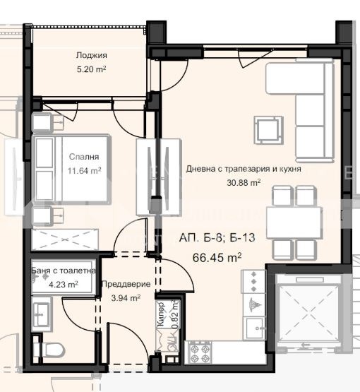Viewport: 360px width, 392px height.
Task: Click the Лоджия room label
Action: pyautogui.click(x=92, y=55)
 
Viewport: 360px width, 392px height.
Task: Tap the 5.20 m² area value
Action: pyautogui.click(x=92, y=69)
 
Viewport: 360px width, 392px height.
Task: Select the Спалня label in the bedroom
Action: pyautogui.click(x=84, y=157)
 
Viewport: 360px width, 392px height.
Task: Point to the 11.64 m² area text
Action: pyautogui.click(x=85, y=171)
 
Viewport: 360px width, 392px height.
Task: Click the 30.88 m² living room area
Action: pyautogui.click(x=244, y=182)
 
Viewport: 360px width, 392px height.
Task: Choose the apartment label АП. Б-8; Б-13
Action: pyautogui.click(x=217, y=237)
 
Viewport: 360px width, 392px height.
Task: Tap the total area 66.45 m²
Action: pyautogui.click(x=217, y=258)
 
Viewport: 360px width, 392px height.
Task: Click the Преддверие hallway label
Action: pyautogui.click(x=126, y=284)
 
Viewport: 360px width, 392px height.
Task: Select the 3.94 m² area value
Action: pyautogui.click(x=126, y=298)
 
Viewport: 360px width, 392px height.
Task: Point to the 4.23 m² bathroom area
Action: pyautogui.click(x=64, y=285)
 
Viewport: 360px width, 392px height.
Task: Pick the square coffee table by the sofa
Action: pyautogui.click(x=269, y=130)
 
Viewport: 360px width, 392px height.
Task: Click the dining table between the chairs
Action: pyautogui.click(x=294, y=222)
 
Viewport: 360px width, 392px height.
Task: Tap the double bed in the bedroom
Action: pyautogui.click(x=72, y=170)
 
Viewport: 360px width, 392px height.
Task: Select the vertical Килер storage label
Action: pyautogui.click(x=162, y=314)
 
